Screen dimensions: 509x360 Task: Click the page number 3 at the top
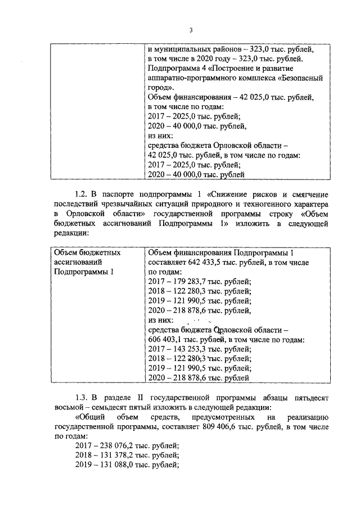[191, 30]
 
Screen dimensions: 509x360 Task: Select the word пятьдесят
[309, 398]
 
